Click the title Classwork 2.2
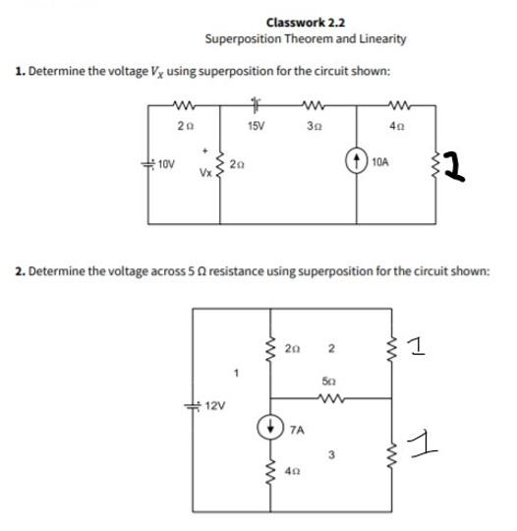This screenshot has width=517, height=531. [305, 22]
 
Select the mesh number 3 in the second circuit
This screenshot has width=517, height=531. [331, 453]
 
